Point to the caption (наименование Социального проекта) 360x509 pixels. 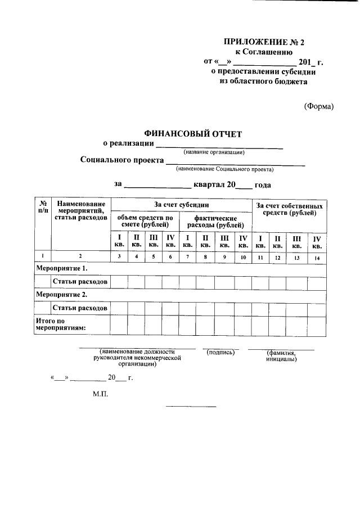coord(224,169)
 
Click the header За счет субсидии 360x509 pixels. coord(181,205)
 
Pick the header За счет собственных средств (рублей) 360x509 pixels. coord(290,209)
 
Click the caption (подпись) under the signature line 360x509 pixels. coord(220,353)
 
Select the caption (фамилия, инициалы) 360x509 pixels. coord(281,355)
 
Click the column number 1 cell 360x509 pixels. coord(43,257)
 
